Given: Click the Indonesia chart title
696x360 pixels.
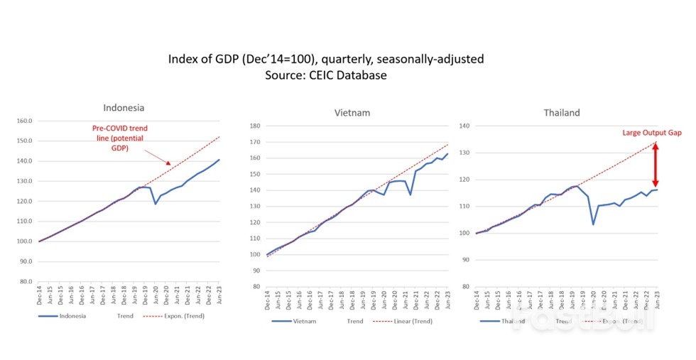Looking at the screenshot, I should click(124, 108).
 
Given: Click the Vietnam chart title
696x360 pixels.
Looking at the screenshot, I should click(352, 112).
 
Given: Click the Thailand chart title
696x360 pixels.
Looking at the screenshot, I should click(561, 112).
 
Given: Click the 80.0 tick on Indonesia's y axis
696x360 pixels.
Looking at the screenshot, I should click(26, 281).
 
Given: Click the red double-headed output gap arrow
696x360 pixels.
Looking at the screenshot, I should click(655, 165).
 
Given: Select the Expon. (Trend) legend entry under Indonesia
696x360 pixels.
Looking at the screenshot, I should click(175, 316).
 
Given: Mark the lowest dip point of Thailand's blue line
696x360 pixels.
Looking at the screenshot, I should click(593, 224).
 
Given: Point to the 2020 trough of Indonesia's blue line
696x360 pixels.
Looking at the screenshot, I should click(155, 204).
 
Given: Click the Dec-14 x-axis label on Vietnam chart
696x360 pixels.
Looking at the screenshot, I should click(268, 300).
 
